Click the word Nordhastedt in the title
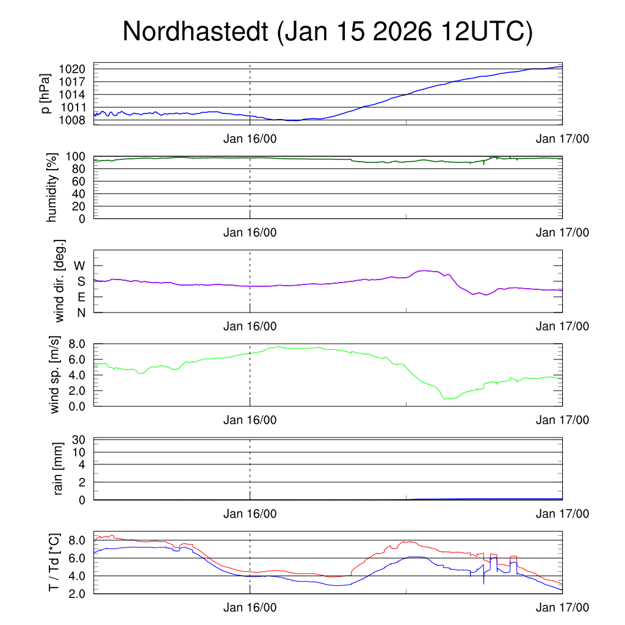pos(196,32)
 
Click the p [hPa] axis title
pos(45,93)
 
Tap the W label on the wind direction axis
pos(80,266)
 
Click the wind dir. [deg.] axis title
pos(60,281)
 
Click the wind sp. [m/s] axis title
pos(55,374)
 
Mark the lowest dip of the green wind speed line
pos(446,399)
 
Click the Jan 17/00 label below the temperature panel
pos(563,607)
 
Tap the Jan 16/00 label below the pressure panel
pos(250,139)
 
